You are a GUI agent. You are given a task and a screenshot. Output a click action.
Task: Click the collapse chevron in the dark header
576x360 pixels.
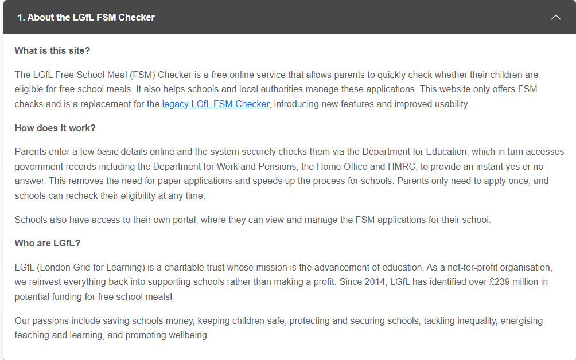pos(555,17)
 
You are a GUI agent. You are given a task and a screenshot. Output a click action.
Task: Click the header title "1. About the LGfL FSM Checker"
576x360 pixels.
pos(86,17)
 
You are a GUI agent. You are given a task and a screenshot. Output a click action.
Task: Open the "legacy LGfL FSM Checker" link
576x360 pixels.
pos(216,104)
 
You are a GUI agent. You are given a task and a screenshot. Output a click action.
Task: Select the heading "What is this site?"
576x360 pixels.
pos(52,50)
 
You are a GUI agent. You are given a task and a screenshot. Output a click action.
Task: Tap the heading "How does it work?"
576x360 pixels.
pos(55,128)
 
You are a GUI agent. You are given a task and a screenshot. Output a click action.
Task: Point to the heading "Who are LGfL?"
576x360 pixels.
pos(48,243)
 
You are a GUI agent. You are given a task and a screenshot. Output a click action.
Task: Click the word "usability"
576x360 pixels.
pos(449,104)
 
